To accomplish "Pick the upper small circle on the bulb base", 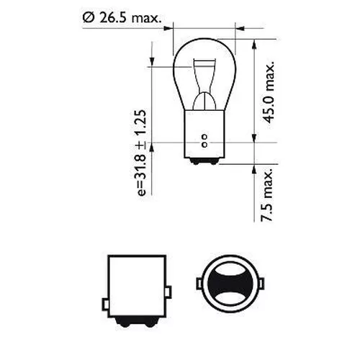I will [205, 135].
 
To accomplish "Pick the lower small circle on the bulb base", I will [205, 141].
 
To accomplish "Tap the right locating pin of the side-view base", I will [171, 292].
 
